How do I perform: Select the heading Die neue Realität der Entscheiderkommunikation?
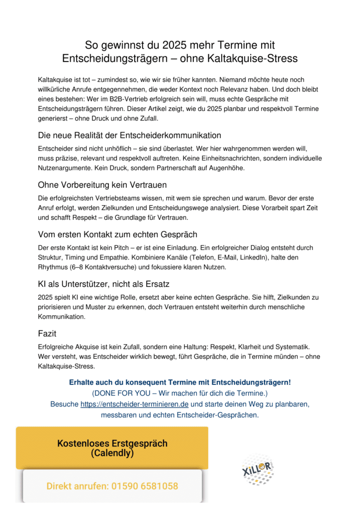click(129, 135)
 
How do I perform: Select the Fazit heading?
click(48, 333)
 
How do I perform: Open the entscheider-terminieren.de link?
click(134, 404)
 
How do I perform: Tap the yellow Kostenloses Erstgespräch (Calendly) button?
click(112, 448)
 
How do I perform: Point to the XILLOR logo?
click(258, 469)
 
